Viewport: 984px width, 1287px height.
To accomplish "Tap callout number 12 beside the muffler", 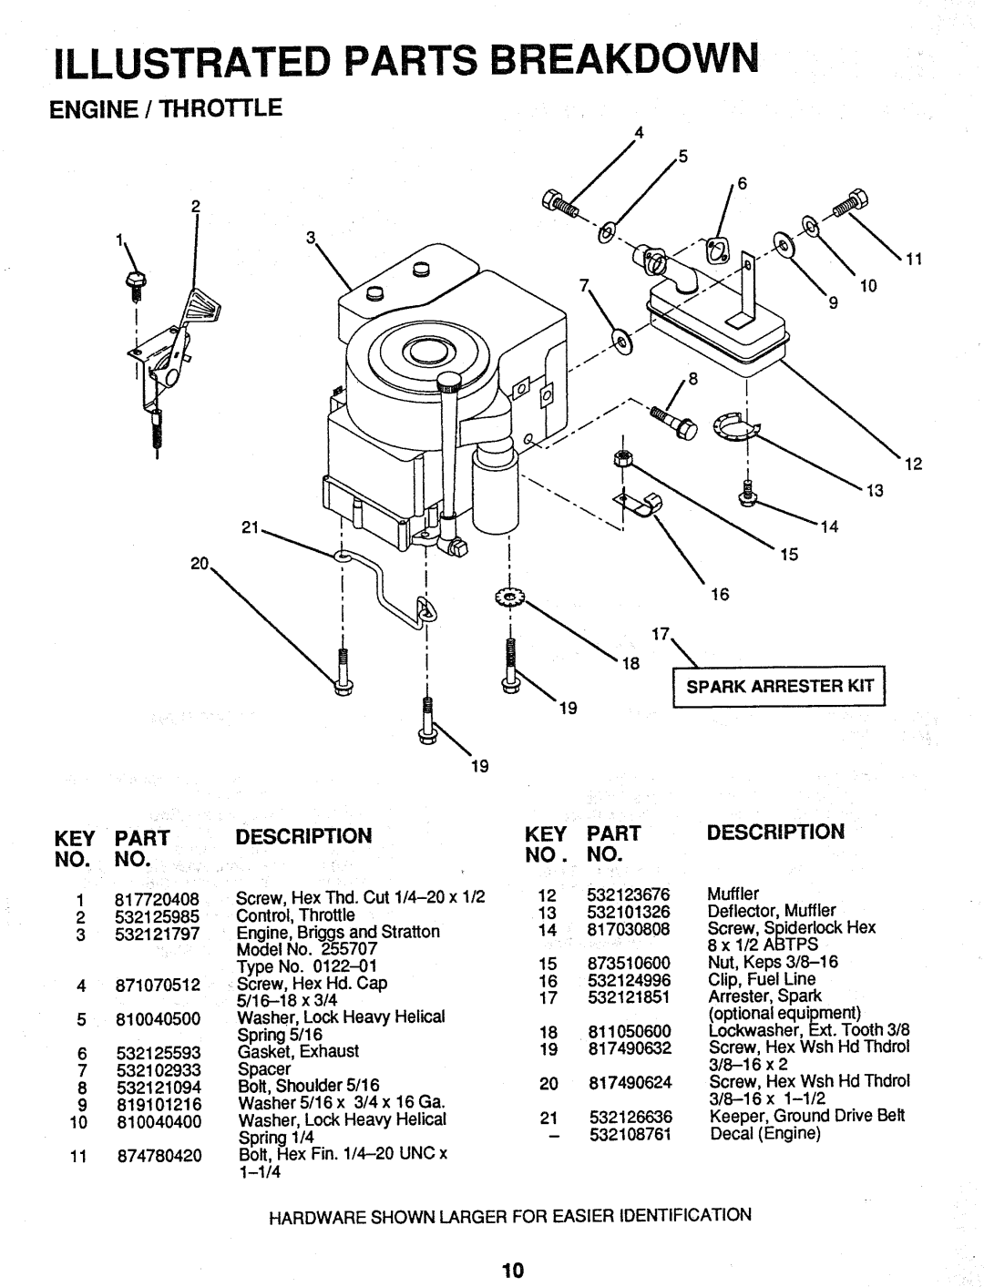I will pos(914,463).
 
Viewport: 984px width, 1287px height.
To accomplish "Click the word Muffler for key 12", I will pos(733,895).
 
